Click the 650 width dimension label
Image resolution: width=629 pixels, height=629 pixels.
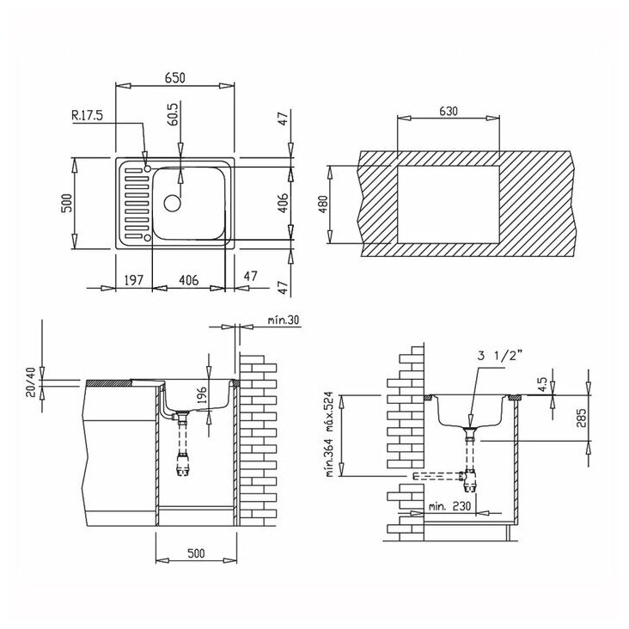pyautogui.click(x=175, y=77)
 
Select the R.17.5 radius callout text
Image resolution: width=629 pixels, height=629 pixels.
pyautogui.click(x=87, y=115)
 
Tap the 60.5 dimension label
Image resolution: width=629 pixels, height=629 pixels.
pyautogui.click(x=174, y=114)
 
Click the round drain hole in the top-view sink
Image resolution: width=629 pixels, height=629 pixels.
pyautogui.click(x=173, y=203)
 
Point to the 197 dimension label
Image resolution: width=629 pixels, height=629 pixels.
pyautogui.click(x=133, y=279)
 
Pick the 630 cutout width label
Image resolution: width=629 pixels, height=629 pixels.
pyautogui.click(x=448, y=111)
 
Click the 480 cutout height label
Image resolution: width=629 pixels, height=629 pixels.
pyautogui.click(x=323, y=205)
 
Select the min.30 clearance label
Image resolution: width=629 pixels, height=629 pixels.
pyautogui.click(x=284, y=321)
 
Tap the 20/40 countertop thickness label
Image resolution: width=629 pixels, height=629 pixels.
pyautogui.click(x=31, y=382)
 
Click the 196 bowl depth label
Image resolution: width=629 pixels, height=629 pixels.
pyautogui.click(x=202, y=394)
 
